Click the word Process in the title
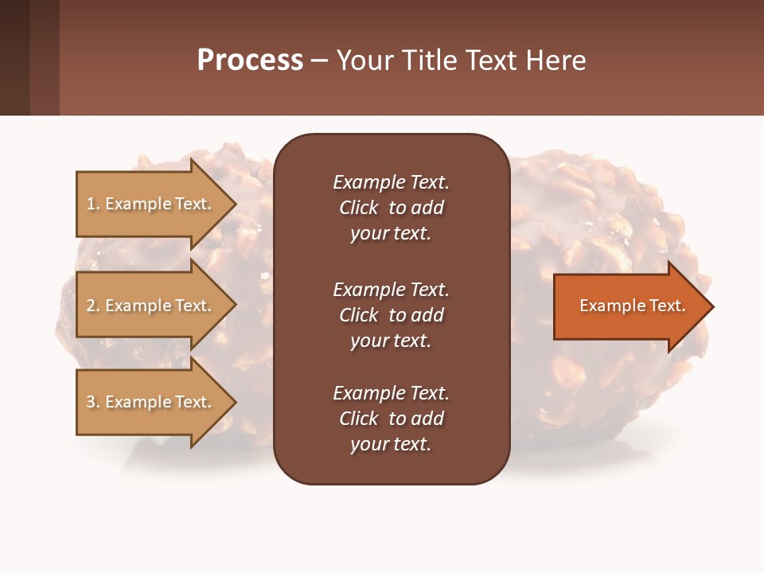250,60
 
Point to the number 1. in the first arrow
93,204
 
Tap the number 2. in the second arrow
93,306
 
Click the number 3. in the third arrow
93,402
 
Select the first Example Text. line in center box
391,182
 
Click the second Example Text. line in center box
391,290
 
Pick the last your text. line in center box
391,445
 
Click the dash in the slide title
320,61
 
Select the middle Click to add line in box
391,315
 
